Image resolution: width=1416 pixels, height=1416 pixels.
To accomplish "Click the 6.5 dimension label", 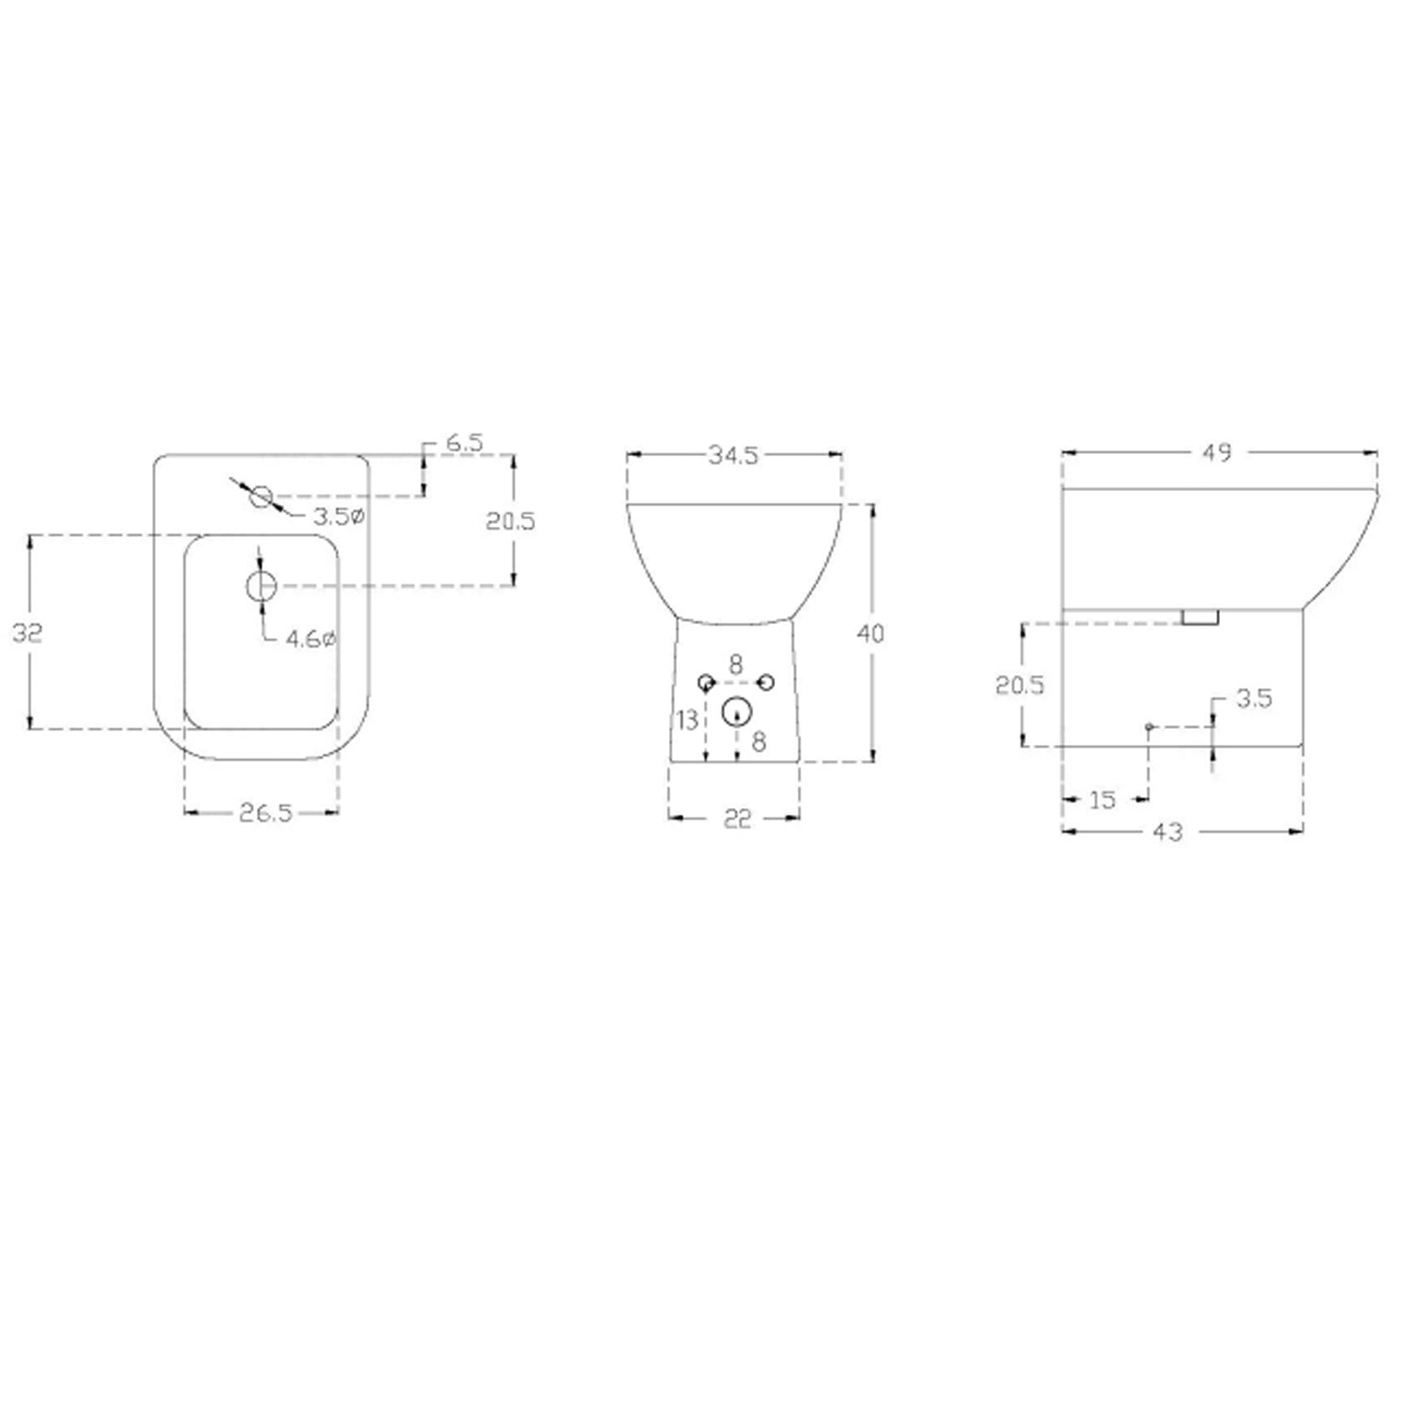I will tap(464, 442).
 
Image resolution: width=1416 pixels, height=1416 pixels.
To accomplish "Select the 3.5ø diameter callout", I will tap(339, 516).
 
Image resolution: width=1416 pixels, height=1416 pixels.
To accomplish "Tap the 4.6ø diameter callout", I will tap(311, 639).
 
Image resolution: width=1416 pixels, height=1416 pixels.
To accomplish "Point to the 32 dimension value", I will tap(27, 632).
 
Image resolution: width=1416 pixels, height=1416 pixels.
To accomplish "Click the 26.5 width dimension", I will tap(265, 813).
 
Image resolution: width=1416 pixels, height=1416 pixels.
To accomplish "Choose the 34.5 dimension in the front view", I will tap(733, 455).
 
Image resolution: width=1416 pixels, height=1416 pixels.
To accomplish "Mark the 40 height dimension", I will tap(870, 633).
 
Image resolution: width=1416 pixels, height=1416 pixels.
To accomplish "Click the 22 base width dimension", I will tap(737, 818).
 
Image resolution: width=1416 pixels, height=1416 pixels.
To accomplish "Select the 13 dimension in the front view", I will tap(687, 720).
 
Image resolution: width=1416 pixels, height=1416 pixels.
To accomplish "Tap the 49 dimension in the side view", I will tap(1217, 453).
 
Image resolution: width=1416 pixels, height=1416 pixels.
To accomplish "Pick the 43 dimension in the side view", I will tap(1168, 832).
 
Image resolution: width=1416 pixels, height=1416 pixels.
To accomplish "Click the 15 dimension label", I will tap(1102, 801).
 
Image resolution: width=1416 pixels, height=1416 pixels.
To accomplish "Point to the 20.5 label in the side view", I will tap(1020, 684).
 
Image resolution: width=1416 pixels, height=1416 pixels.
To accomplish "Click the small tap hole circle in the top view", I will tap(261, 496).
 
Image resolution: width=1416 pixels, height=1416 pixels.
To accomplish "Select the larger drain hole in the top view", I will tap(261, 586).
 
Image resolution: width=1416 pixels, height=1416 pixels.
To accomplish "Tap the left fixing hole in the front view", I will tap(706, 683).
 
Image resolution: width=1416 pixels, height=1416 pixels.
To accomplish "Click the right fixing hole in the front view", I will tap(766, 683).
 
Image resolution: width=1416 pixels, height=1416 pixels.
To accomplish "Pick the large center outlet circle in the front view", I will tap(736, 712).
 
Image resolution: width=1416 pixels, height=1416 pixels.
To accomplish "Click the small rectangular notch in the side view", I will tap(1200, 616).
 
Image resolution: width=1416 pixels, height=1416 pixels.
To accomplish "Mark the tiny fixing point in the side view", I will tap(1149, 727).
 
